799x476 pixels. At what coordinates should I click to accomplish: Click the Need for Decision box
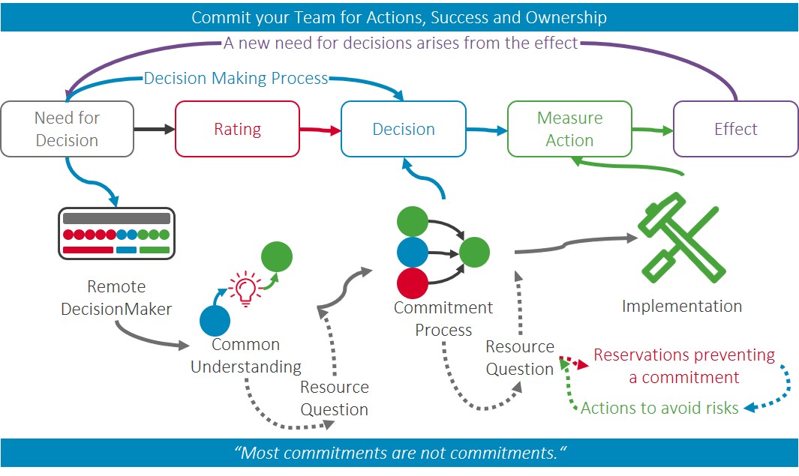[68, 129]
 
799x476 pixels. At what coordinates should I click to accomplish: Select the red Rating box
[238, 129]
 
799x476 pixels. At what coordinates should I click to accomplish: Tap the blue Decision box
[404, 129]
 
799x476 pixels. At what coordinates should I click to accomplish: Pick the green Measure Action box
[569, 129]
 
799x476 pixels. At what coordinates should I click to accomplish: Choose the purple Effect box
[736, 129]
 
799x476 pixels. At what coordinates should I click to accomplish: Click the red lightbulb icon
[245, 289]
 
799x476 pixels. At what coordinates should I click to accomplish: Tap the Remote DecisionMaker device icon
[117, 234]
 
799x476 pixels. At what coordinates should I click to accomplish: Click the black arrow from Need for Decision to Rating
[155, 129]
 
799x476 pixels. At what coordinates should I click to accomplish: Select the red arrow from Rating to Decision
[320, 130]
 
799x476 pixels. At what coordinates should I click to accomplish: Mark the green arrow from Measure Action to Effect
[653, 130]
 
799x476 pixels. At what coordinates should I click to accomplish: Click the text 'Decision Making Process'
[236, 79]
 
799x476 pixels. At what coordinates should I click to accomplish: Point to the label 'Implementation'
[682, 306]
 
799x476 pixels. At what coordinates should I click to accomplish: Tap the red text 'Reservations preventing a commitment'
[684, 366]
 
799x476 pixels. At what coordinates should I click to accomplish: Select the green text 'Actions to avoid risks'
[659, 408]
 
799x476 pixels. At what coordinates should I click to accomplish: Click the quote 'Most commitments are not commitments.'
[401, 453]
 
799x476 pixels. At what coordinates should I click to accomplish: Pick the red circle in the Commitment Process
[413, 283]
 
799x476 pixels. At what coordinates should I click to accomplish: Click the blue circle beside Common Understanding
[215, 321]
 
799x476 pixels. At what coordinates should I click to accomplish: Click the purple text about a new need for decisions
[401, 43]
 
